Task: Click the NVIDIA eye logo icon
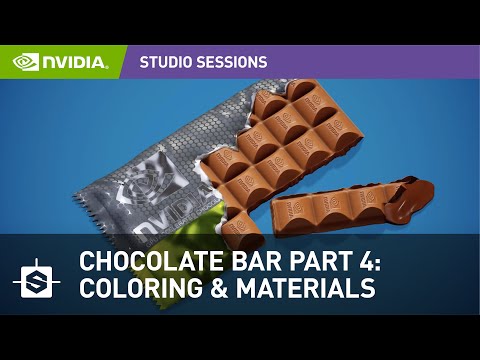26,62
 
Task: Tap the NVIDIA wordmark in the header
75,62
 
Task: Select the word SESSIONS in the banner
231,62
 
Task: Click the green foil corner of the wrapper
216,225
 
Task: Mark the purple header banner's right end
465,62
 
